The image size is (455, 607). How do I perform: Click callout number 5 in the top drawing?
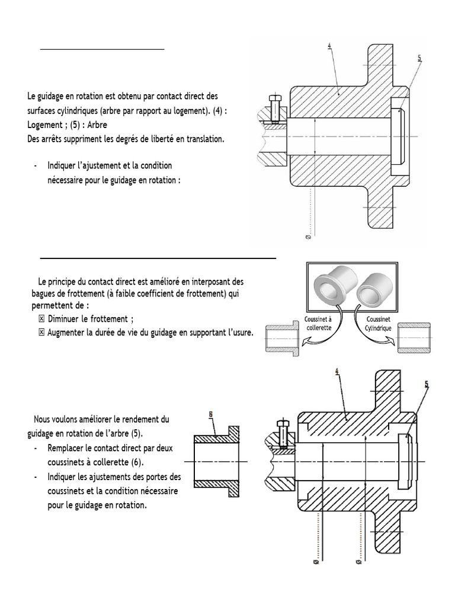pyautogui.click(x=419, y=58)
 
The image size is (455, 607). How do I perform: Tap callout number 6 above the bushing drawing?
pyautogui.click(x=212, y=413)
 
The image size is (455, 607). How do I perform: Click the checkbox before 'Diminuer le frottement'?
pyautogui.click(x=41, y=320)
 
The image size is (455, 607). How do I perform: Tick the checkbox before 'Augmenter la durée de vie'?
pyautogui.click(x=41, y=333)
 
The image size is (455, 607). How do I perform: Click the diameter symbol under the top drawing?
pyautogui.click(x=307, y=237)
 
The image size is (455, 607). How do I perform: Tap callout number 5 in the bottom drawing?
pyautogui.click(x=426, y=384)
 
